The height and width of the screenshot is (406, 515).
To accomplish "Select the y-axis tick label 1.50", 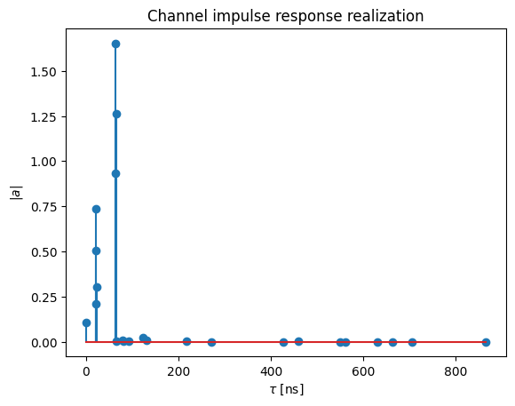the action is [44, 72].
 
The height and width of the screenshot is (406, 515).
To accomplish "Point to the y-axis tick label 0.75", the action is [44, 207].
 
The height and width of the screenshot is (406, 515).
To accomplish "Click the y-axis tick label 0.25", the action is [44, 298].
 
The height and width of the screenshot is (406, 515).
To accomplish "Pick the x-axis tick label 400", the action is [272, 371].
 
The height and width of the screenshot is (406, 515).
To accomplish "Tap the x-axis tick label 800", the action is [456, 371].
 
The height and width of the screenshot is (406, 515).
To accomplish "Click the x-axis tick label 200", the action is [178, 371].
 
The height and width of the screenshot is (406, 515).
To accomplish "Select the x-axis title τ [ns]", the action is [287, 389].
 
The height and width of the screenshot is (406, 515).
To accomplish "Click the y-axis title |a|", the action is [16, 193].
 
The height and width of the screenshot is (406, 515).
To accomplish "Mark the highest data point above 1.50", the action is [115, 44].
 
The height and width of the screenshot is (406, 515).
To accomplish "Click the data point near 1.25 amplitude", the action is [116, 114].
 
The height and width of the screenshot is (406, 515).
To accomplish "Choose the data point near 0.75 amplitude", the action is [96, 209].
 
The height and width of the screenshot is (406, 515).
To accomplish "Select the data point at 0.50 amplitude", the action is [96, 251].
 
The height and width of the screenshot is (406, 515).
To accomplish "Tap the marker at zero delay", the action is [86, 322].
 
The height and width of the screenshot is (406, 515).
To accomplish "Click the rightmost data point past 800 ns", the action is [486, 342].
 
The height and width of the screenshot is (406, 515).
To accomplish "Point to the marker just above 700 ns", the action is [413, 342].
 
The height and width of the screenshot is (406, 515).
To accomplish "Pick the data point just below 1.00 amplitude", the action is [115, 174].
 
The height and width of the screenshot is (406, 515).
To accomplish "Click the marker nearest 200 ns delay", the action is [186, 341].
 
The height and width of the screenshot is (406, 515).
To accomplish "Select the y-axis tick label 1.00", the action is [44, 162].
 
